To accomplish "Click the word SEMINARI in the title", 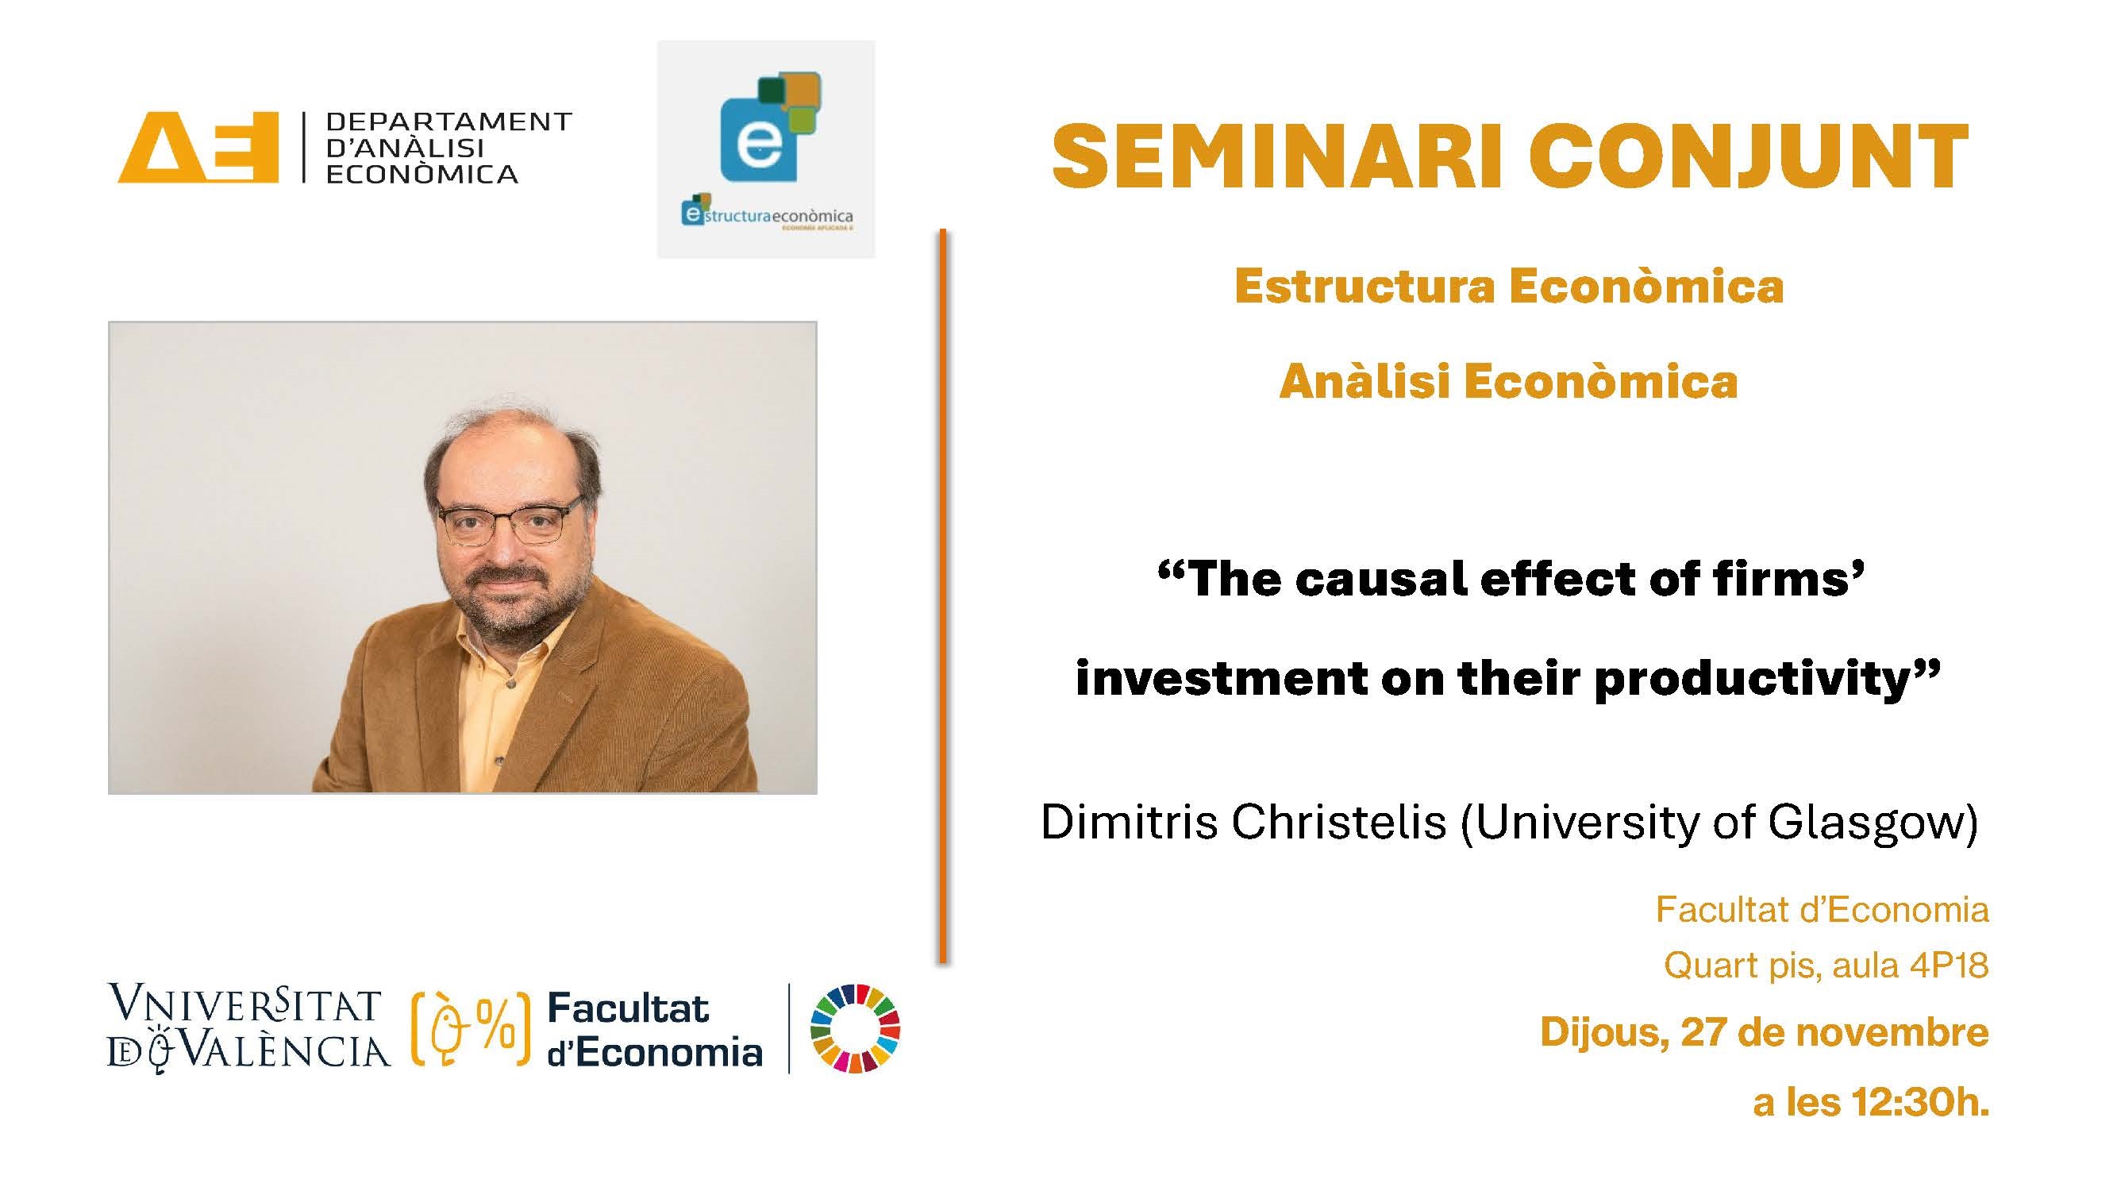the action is [x=1277, y=157].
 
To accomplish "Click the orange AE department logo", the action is [x=198, y=147].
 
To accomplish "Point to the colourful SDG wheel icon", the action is [x=855, y=1028].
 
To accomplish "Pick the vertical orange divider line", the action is [x=943, y=596].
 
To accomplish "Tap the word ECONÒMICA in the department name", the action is [x=422, y=174].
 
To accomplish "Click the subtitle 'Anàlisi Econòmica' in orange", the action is [x=1509, y=382].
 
